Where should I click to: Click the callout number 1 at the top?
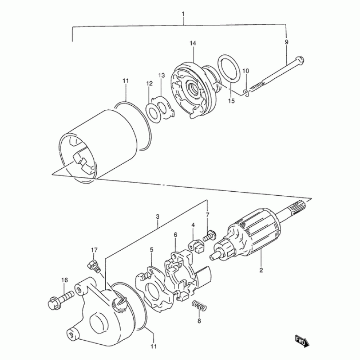pyautogui.click(x=183, y=14)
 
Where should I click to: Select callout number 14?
pyautogui.click(x=193, y=43)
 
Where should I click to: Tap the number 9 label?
pyautogui.click(x=286, y=42)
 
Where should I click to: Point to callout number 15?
pyautogui.click(x=231, y=100)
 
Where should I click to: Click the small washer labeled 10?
pyautogui.click(x=246, y=93)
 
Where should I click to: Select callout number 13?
pyautogui.click(x=162, y=75)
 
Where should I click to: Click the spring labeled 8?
pyautogui.click(x=199, y=305)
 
